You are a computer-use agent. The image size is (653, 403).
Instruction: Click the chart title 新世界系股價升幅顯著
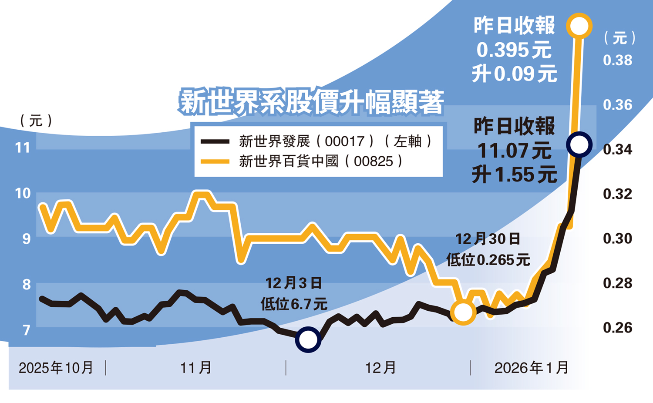(x=312, y=103)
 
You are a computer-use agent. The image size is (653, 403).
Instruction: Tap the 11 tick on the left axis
(x=23, y=148)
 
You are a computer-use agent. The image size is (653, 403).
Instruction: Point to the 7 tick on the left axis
(x=27, y=330)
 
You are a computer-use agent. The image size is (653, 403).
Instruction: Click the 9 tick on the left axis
(x=27, y=239)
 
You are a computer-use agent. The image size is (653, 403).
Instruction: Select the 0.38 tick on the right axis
(x=617, y=60)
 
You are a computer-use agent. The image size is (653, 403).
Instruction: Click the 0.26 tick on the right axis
(x=617, y=327)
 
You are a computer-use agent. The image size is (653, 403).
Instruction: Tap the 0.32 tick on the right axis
(x=617, y=194)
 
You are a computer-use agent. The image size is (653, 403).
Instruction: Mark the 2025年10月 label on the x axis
(x=56, y=368)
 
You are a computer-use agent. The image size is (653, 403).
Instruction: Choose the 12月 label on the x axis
(x=380, y=368)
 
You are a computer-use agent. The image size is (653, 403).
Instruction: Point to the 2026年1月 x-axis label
(x=531, y=368)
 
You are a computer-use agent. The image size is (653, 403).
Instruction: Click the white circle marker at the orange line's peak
(x=579, y=26)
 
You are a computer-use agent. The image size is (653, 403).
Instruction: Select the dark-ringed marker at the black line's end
(x=579, y=144)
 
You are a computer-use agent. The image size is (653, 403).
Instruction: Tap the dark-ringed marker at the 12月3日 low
(x=308, y=339)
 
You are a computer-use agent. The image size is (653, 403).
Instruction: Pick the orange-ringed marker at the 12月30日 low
(x=463, y=312)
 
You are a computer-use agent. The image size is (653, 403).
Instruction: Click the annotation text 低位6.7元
(x=294, y=304)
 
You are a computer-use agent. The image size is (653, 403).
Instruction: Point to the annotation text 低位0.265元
(x=488, y=260)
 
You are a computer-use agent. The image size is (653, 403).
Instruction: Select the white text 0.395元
(x=514, y=50)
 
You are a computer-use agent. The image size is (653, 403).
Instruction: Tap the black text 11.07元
(x=514, y=151)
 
